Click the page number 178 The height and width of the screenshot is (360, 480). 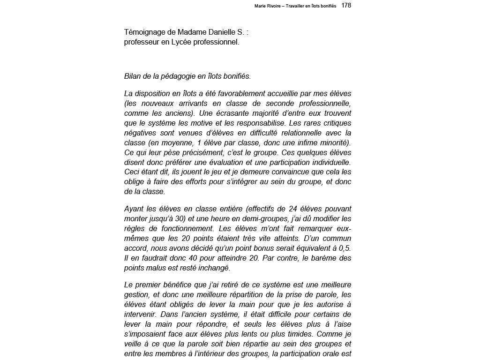(x=346, y=5)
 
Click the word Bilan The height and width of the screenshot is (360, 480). (x=133, y=76)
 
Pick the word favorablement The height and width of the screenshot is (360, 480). (x=248, y=94)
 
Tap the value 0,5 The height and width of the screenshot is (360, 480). (x=345, y=248)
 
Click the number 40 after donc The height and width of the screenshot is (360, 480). (x=181, y=258)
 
